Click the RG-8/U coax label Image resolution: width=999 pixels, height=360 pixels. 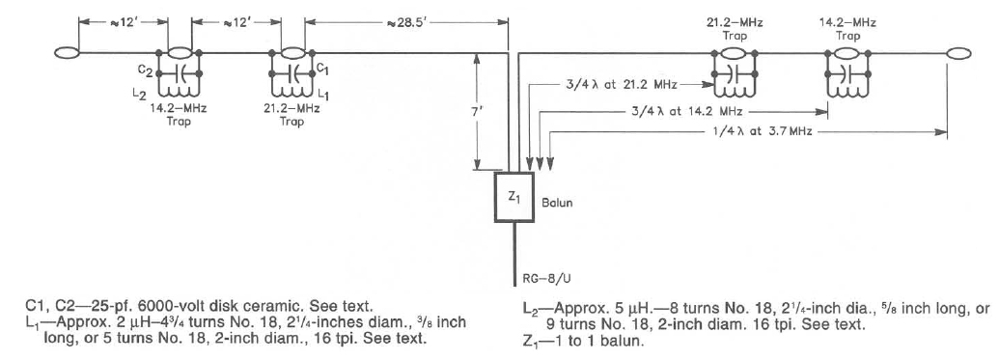[x=541, y=278]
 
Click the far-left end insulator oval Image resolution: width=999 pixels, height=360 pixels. [x=67, y=53]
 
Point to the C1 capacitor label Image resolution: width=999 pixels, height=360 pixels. [x=322, y=67]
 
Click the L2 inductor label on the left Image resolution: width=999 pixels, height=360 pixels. [x=140, y=94]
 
